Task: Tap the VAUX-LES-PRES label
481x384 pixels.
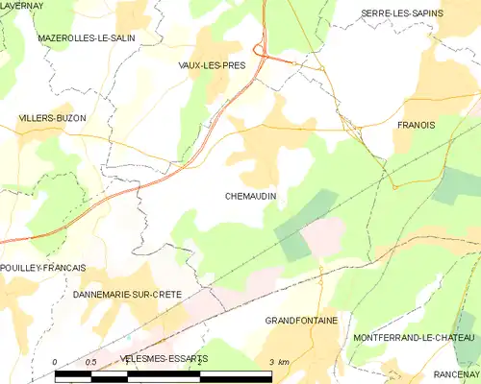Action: coord(212,65)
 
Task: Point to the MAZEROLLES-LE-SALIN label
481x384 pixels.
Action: coord(86,37)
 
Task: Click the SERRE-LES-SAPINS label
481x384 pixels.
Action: coord(399,13)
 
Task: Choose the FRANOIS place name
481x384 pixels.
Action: coord(416,125)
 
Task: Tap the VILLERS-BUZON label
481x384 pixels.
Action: coord(53,118)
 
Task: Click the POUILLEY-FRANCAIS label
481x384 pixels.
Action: coord(43,268)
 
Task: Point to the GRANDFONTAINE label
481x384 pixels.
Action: coord(300,321)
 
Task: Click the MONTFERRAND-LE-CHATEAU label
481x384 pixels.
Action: coord(414,339)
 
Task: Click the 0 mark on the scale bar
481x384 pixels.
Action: coord(55,362)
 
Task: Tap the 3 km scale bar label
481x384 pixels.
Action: coord(278,362)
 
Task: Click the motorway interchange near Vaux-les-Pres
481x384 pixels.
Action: coord(260,50)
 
